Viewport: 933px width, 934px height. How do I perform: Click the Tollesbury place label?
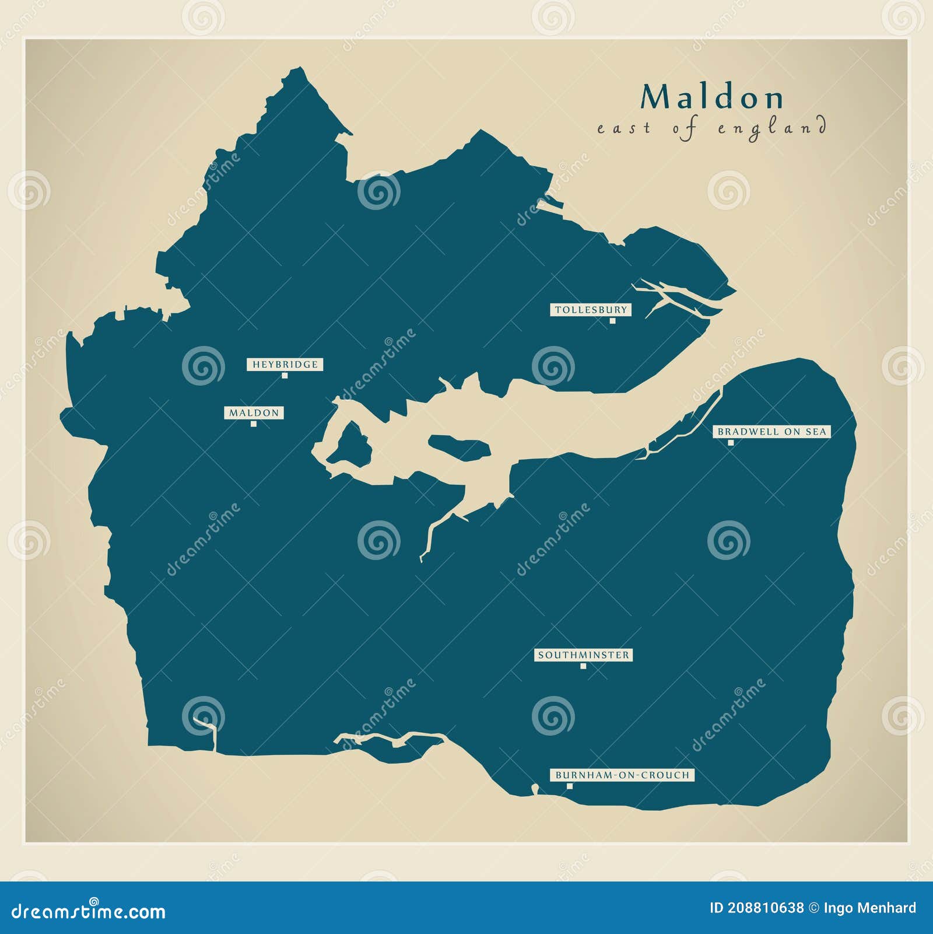(x=591, y=310)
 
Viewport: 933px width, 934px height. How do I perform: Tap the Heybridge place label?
(x=285, y=365)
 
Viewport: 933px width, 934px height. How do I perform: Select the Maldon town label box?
(x=254, y=413)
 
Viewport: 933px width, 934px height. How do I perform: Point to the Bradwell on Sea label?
(x=771, y=432)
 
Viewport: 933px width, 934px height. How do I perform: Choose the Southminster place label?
(x=583, y=655)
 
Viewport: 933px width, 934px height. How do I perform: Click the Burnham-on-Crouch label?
(x=622, y=775)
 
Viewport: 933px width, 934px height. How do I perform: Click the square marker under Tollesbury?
(x=612, y=320)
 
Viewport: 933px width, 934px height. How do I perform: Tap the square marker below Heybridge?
(x=285, y=375)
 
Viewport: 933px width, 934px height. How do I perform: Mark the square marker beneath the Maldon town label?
(x=253, y=424)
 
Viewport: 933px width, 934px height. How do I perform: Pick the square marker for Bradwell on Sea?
(x=730, y=442)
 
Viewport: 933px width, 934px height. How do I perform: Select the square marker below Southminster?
(x=583, y=666)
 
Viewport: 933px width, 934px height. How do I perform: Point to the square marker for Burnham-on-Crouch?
(x=570, y=786)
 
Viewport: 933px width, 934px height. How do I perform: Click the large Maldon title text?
(x=712, y=97)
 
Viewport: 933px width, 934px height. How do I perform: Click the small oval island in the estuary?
(x=460, y=447)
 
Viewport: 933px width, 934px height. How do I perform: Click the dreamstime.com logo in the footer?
(x=89, y=910)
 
